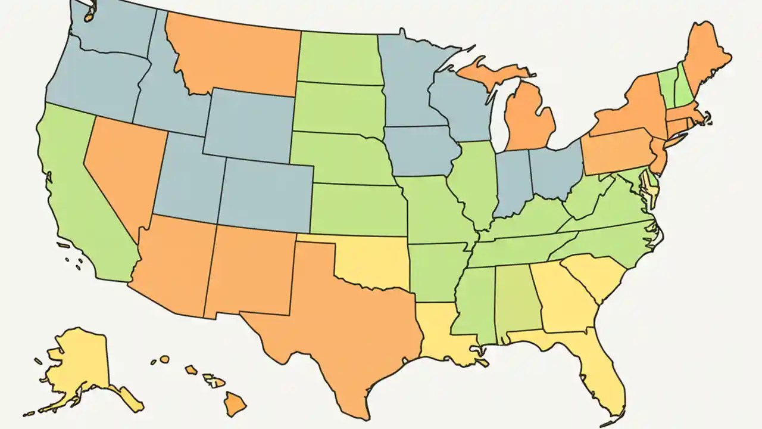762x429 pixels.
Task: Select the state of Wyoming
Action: [250, 125]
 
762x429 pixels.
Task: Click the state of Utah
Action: [188, 179]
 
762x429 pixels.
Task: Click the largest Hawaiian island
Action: [235, 405]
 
